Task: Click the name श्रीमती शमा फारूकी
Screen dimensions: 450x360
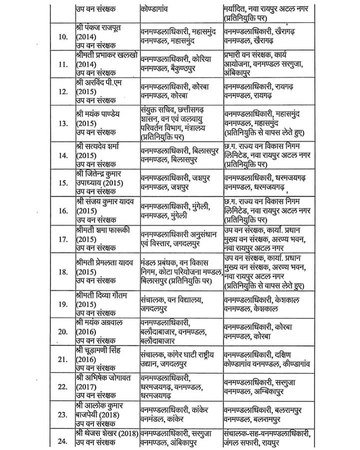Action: [101, 230]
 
